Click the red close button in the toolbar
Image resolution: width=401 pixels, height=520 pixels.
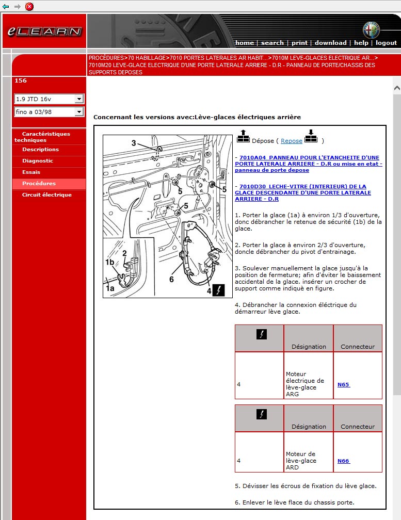pos(29,6)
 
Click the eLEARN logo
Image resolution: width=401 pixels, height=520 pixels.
pos(44,31)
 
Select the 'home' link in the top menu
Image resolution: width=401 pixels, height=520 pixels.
pos(244,43)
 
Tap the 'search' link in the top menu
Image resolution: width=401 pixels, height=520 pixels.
pos(272,43)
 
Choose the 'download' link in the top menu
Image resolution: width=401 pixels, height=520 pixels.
pos(330,43)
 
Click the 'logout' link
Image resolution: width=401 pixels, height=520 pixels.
pos(386,43)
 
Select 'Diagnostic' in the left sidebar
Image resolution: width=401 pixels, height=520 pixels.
pos(38,161)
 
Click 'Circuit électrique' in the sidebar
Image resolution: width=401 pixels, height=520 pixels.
pos(47,195)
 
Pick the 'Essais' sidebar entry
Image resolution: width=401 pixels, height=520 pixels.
pos(31,172)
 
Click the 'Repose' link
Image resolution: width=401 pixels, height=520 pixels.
pos(292,141)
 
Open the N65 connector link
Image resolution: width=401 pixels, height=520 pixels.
pos(343,385)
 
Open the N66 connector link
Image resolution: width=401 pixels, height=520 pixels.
pos(343,461)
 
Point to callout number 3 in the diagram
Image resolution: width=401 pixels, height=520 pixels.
pos(133,143)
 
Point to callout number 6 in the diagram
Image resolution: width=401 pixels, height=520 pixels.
pos(171,280)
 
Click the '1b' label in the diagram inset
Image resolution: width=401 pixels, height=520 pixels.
pos(109,263)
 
